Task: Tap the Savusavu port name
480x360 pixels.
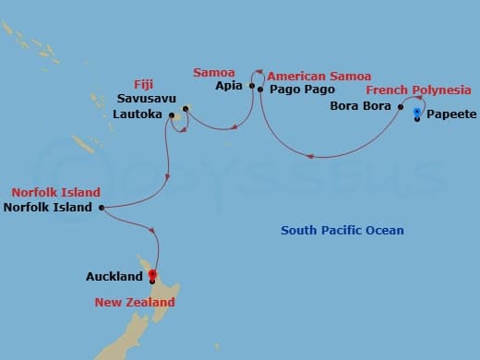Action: tap(147, 99)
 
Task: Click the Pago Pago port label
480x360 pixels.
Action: tap(294, 91)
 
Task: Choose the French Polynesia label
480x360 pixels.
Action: tap(418, 90)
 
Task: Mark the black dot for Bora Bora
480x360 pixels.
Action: tap(401, 107)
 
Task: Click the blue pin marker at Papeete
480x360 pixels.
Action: tap(418, 114)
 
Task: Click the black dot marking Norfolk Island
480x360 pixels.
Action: tap(100, 208)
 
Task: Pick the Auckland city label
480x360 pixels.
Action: tap(114, 276)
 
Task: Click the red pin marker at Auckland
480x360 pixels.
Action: tap(151, 274)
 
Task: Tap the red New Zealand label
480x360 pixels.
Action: tap(135, 302)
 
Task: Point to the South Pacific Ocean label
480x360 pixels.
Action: tap(342, 231)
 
